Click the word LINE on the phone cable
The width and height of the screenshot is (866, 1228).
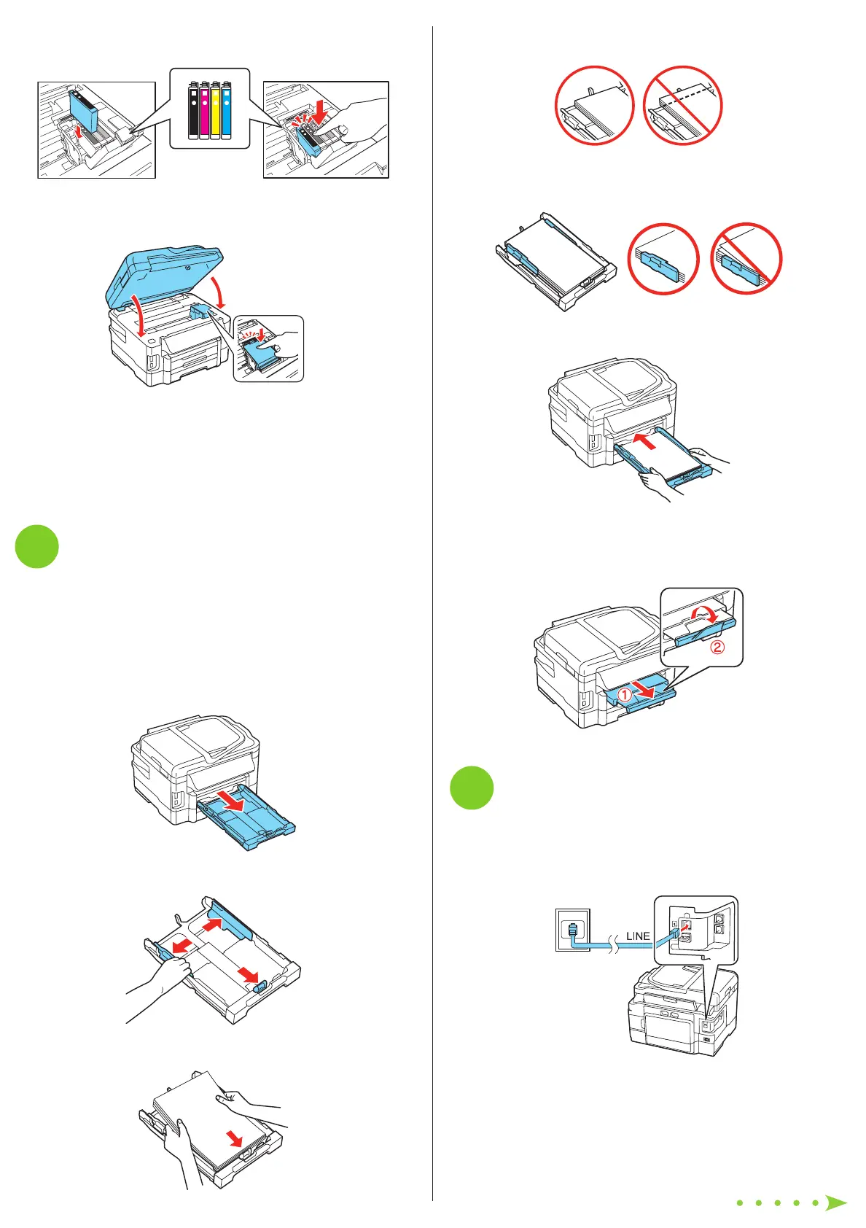coord(638,936)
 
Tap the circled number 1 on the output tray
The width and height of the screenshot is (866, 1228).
coord(625,695)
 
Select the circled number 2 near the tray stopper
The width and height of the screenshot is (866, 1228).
coord(717,646)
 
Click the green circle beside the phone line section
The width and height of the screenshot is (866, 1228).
coord(472,788)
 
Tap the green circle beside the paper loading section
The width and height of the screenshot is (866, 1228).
coord(37,547)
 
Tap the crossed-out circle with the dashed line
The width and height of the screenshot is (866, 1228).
coord(682,106)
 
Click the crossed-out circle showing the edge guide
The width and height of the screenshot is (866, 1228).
coord(746,259)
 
